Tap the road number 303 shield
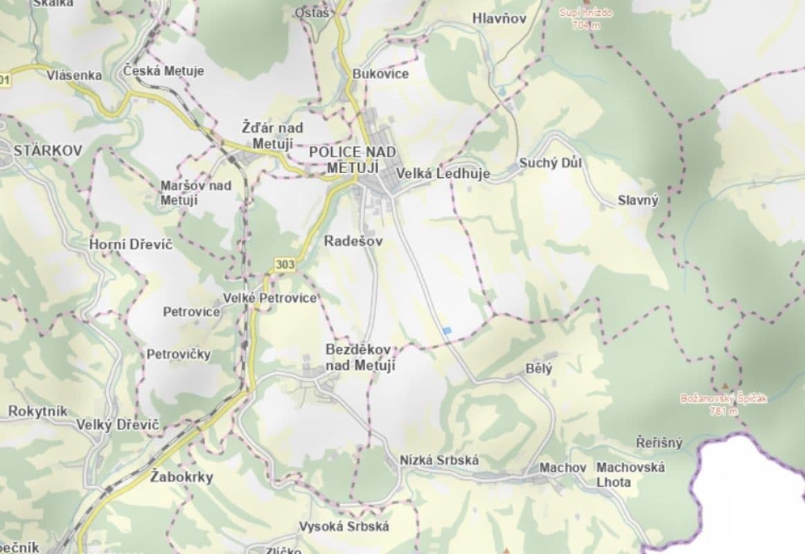pos(284,264)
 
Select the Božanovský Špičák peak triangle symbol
pos(725,386)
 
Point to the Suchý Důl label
pos(551,163)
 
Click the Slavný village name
pos(638,201)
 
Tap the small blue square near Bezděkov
pos(448,331)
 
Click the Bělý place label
pos(540,368)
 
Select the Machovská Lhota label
pos(630,474)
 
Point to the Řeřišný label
pos(660,443)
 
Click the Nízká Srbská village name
pos(439,460)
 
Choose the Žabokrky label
pos(182,477)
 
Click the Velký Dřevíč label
pos(118,425)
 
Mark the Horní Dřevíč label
pos(131,244)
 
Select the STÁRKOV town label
pos(48,150)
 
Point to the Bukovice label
pos(380,73)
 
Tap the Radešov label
pos(353,241)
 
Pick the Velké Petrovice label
pos(269,298)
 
